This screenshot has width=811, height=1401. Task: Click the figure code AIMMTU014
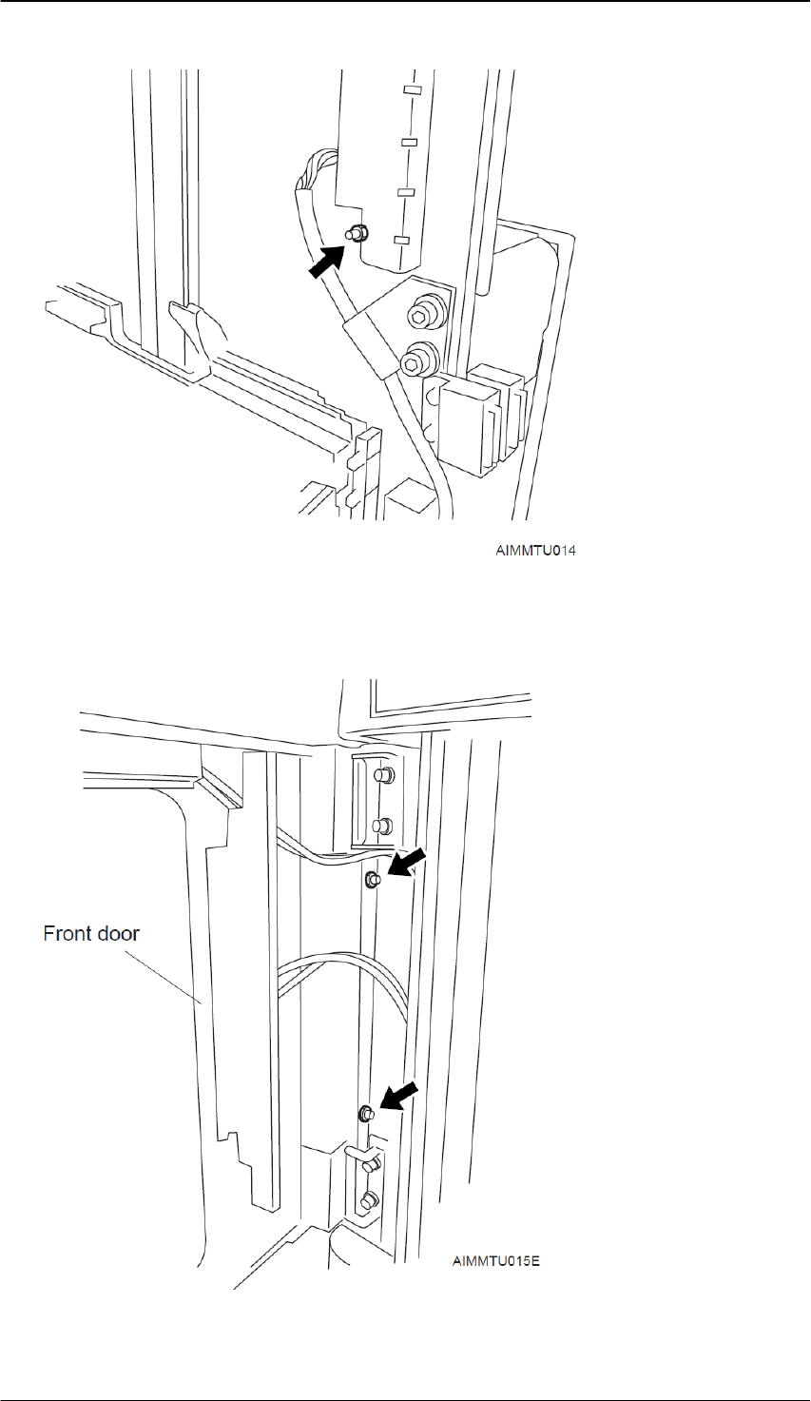pos(534,550)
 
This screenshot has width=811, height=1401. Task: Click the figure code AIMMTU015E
pos(496,1262)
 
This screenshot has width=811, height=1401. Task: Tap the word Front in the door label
pos(68,933)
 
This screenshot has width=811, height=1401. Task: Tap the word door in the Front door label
pos(118,933)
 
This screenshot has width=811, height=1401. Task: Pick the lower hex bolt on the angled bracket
pos(415,360)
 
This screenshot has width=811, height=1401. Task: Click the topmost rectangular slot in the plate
pos(412,91)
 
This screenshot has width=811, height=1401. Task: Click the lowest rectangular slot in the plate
pos(402,240)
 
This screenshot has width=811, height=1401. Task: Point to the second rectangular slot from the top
pos(410,143)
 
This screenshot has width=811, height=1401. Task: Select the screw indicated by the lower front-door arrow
pos(365,1114)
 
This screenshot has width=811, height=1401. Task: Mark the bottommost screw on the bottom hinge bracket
pos(369,1200)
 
